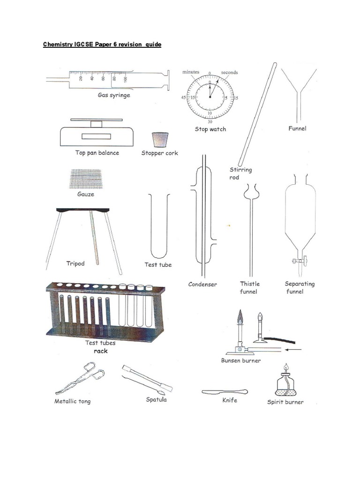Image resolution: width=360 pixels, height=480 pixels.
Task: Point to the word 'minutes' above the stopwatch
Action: (191, 72)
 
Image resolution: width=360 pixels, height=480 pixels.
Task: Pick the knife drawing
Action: (225, 391)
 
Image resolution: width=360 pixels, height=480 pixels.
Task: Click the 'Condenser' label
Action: (202, 284)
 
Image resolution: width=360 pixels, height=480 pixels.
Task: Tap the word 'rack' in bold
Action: (100, 351)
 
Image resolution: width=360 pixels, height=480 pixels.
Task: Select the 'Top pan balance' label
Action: (97, 153)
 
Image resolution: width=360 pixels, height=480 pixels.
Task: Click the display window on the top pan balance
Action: (96, 136)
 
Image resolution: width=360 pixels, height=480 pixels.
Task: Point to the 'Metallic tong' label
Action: (73, 401)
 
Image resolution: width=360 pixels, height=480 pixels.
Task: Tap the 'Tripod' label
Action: (75, 263)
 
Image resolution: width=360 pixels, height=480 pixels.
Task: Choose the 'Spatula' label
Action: (156, 400)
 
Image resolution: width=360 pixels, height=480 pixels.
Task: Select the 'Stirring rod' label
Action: (240, 173)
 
